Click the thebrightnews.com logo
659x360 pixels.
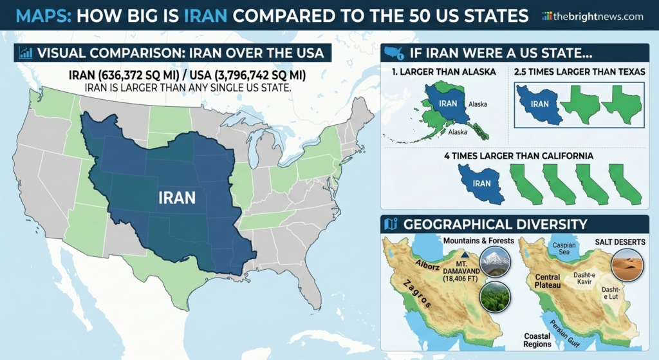point(592,16)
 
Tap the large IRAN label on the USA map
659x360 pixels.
point(176,198)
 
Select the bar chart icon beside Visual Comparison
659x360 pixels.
point(26,53)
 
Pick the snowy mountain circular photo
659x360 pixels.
point(495,261)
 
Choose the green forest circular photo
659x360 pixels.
point(495,297)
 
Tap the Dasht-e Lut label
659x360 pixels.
point(611,294)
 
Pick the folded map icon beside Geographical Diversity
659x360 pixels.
point(390,224)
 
